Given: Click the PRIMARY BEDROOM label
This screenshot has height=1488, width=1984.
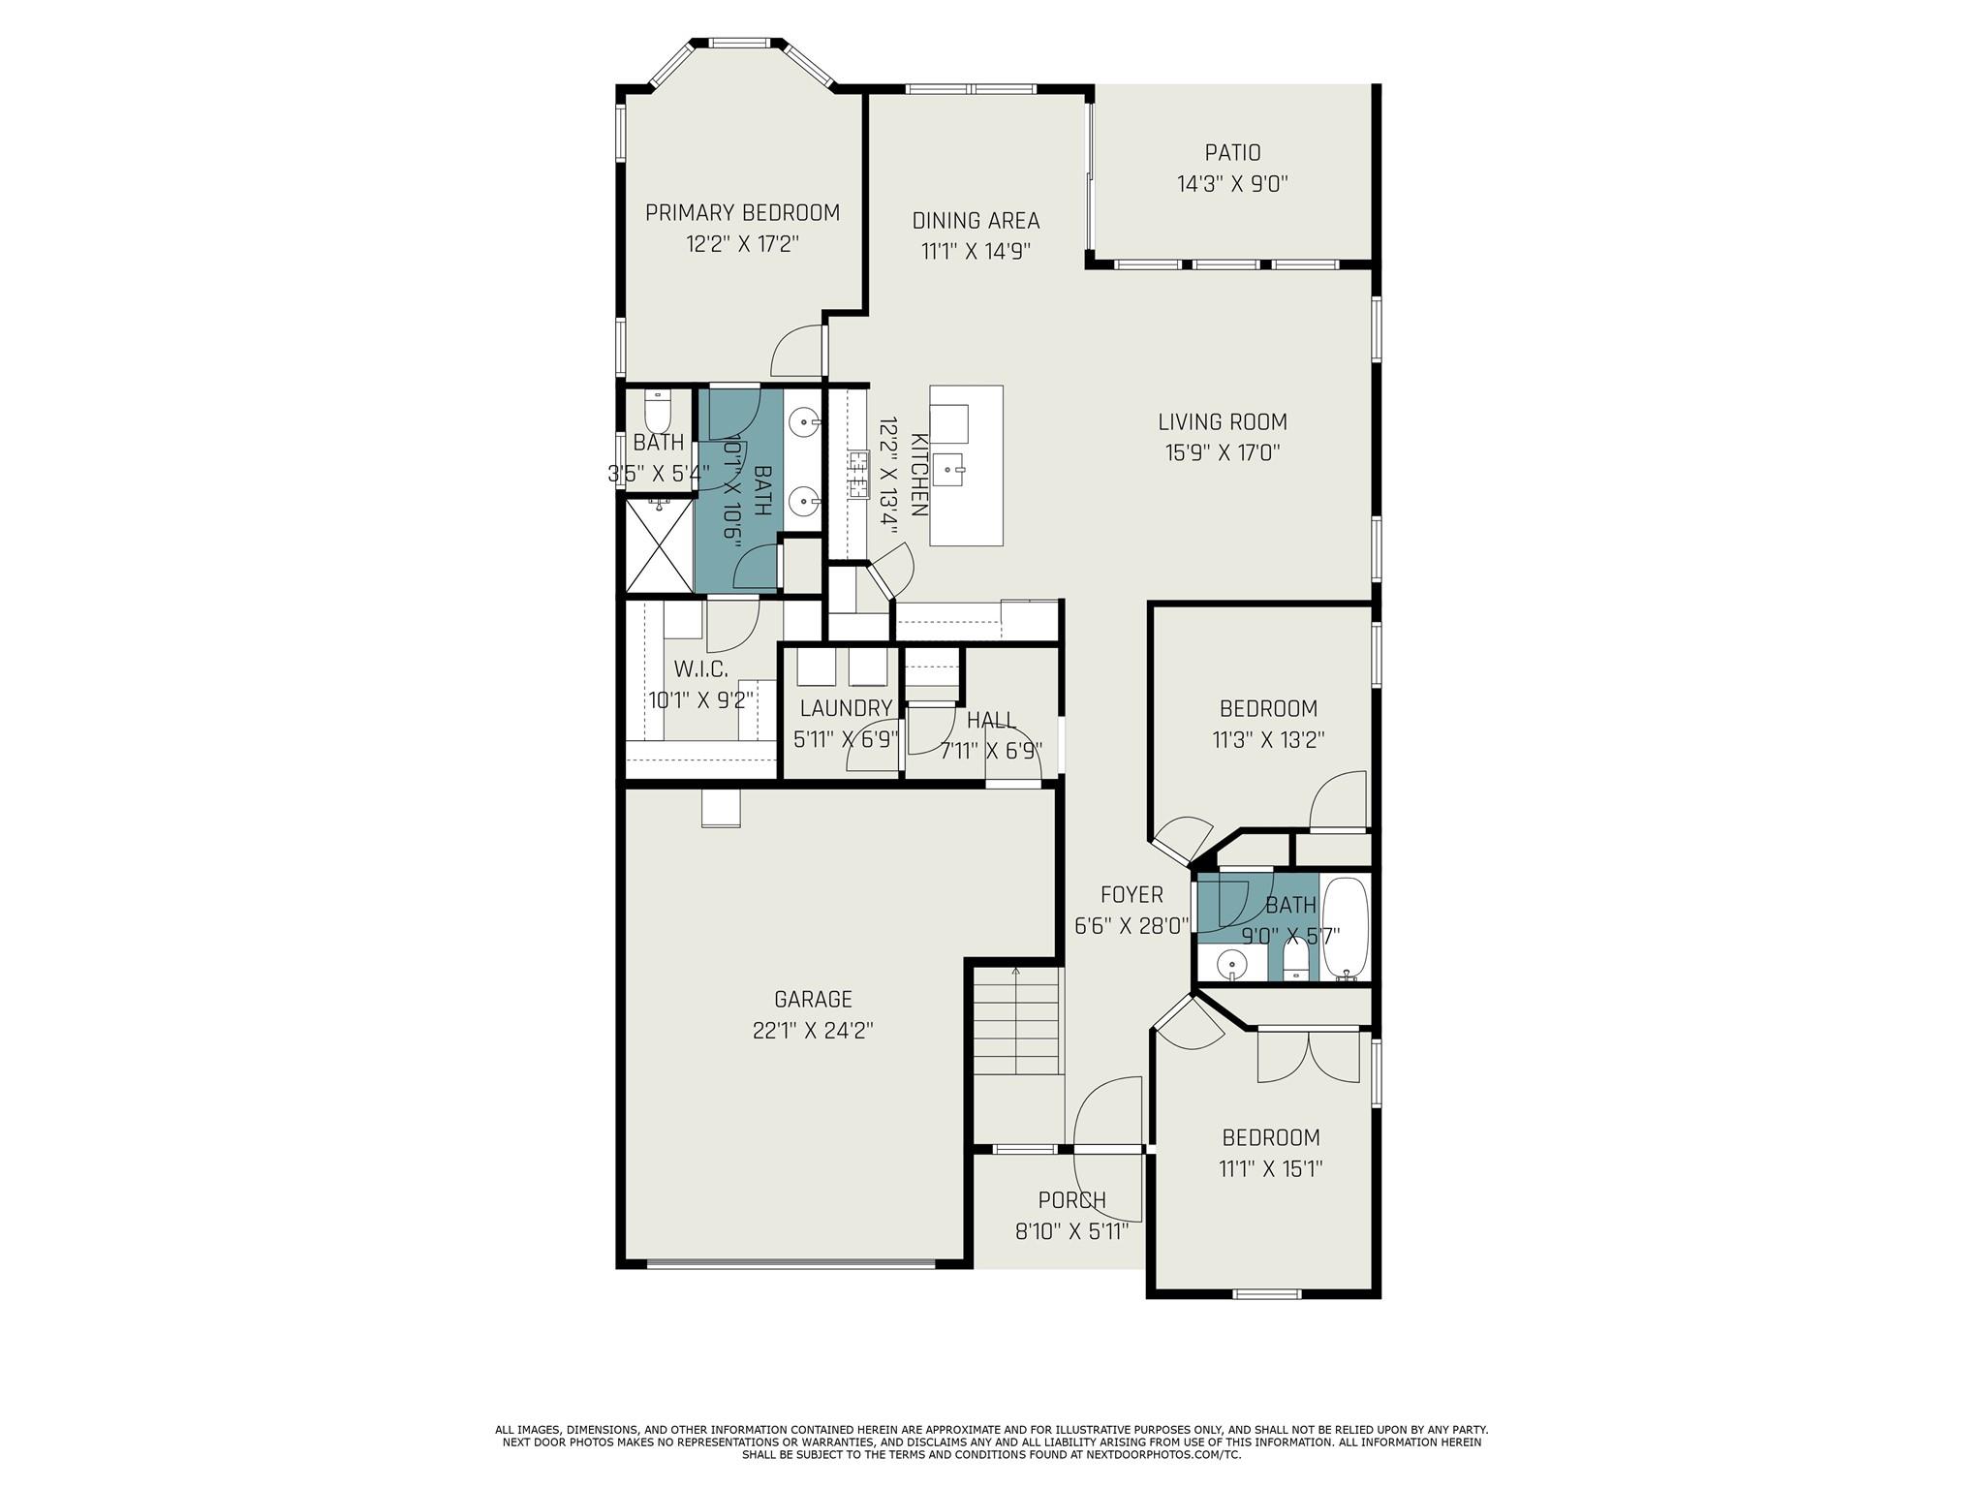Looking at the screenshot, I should (742, 212).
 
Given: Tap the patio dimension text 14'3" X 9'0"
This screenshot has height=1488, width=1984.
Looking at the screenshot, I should (1232, 184).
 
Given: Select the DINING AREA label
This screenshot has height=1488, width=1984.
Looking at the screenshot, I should (976, 221).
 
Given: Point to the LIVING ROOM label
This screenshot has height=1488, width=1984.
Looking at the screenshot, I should (1223, 421).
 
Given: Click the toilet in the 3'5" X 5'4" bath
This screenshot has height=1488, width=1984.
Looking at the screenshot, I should (658, 411).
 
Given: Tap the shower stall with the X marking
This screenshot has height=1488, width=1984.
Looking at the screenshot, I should (659, 544).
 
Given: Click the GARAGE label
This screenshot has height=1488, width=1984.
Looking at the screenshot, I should (813, 999).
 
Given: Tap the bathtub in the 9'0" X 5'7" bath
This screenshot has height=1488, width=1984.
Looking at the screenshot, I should (1346, 928).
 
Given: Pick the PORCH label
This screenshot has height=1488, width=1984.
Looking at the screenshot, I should (1071, 1200).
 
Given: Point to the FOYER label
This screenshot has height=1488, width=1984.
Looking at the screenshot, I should (1131, 894).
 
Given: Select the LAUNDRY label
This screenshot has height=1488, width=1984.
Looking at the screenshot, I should (845, 708).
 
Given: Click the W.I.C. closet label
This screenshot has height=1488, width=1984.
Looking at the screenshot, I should (700, 668).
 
